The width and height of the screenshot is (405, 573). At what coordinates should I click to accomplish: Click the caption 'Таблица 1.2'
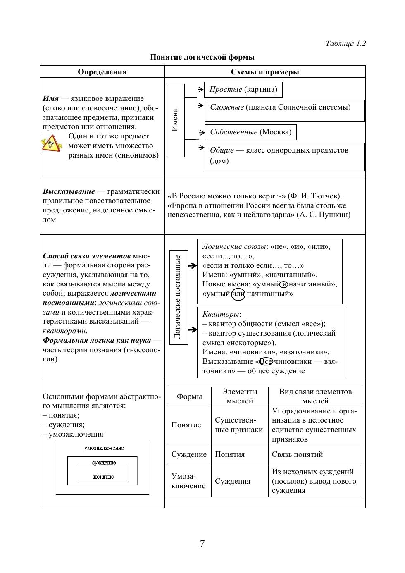point(345,43)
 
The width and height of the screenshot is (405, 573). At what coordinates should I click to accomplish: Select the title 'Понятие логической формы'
point(202,57)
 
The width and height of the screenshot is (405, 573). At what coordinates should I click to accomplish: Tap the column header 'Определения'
point(102,72)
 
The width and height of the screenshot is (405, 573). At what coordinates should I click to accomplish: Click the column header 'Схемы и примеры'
point(264,72)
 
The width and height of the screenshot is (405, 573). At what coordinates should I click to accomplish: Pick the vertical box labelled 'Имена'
point(176,120)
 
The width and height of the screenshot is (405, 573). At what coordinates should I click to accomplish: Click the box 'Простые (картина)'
point(243,90)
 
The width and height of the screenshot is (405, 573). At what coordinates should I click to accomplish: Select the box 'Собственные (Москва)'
point(250,132)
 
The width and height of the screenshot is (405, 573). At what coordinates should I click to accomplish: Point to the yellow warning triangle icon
point(51,144)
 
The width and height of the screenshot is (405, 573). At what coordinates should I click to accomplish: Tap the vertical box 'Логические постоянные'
point(179,297)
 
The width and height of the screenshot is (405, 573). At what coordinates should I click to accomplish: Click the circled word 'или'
point(238,294)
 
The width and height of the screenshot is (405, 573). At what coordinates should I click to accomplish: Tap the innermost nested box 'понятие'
point(104,477)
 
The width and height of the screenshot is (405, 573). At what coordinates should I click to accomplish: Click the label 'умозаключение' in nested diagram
point(104,448)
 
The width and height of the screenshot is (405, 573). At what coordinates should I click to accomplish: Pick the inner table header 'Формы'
point(189,396)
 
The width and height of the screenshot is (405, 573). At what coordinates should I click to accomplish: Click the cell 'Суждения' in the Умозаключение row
point(233,481)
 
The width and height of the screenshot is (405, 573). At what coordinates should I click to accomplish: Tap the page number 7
point(202,544)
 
